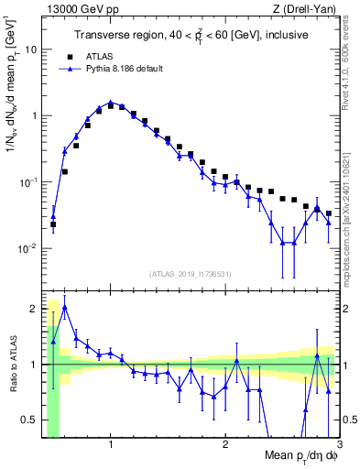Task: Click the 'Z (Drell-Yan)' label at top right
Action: click(308, 9)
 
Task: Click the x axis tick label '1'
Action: click(111, 445)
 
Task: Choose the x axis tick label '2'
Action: click(225, 445)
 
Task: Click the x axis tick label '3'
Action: click(339, 445)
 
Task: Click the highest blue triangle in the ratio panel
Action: click(64, 307)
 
